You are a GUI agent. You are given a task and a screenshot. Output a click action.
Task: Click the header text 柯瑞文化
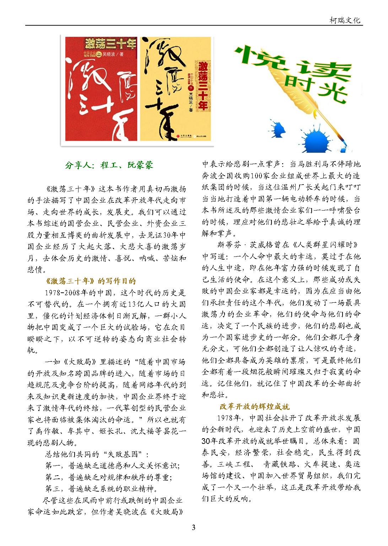344,20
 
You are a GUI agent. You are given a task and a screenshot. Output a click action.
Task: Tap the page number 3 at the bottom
194,528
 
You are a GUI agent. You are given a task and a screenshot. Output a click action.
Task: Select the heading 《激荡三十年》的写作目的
91,281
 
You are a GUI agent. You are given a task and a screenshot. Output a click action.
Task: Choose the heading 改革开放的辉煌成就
255,406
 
